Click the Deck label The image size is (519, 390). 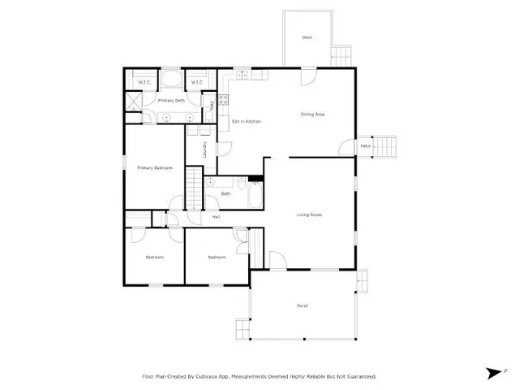pyautogui.click(x=307, y=37)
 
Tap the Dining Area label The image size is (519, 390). pyautogui.click(x=313, y=115)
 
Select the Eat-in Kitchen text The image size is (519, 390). pyautogui.click(x=246, y=122)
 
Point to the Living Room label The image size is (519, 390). pyautogui.click(x=309, y=214)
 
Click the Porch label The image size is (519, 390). pyautogui.click(x=302, y=305)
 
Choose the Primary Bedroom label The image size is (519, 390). pyautogui.click(x=154, y=167)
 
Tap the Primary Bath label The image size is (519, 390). pyautogui.click(x=170, y=100)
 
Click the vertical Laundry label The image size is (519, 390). pyautogui.click(x=194, y=150)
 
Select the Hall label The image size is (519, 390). pyautogui.click(x=217, y=216)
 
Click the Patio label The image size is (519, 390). pyautogui.click(x=366, y=145)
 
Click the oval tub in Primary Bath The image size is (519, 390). pyautogui.click(x=170, y=80)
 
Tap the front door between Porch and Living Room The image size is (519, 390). pyautogui.click(x=277, y=262)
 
